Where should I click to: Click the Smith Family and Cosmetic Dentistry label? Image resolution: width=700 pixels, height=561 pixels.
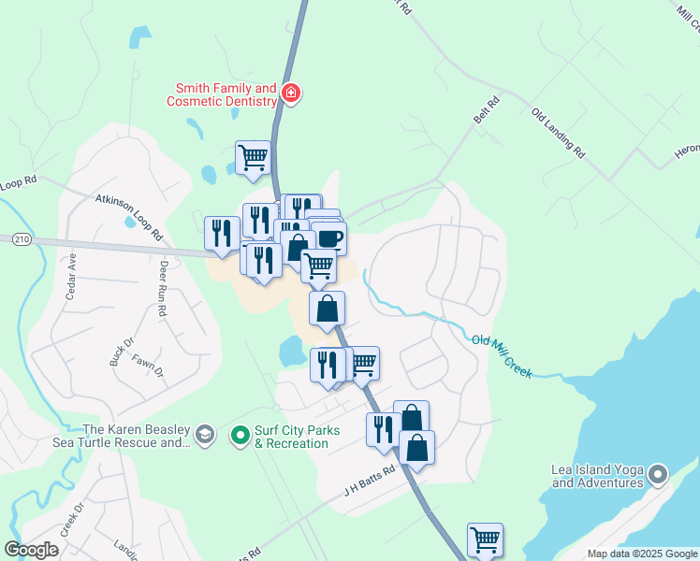point(222,93)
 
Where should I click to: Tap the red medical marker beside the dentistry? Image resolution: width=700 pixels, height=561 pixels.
point(291,93)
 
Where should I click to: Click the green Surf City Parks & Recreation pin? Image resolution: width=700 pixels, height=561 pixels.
point(241,435)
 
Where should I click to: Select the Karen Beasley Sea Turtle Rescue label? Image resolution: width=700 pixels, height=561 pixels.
point(137,436)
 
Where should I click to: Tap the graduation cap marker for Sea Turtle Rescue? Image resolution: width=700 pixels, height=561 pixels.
point(205,435)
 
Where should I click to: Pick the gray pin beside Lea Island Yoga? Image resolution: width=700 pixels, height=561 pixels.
point(659,475)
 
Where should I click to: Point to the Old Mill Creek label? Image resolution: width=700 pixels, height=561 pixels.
point(502,356)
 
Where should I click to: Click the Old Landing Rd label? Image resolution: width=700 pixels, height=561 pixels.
point(558,133)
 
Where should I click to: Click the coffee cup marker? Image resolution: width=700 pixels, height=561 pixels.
point(328,237)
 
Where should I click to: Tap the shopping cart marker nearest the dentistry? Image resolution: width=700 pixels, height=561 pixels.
point(253,157)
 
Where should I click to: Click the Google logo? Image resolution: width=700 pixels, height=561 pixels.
point(32,550)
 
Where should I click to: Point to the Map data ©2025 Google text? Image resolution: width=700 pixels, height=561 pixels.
point(641,554)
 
